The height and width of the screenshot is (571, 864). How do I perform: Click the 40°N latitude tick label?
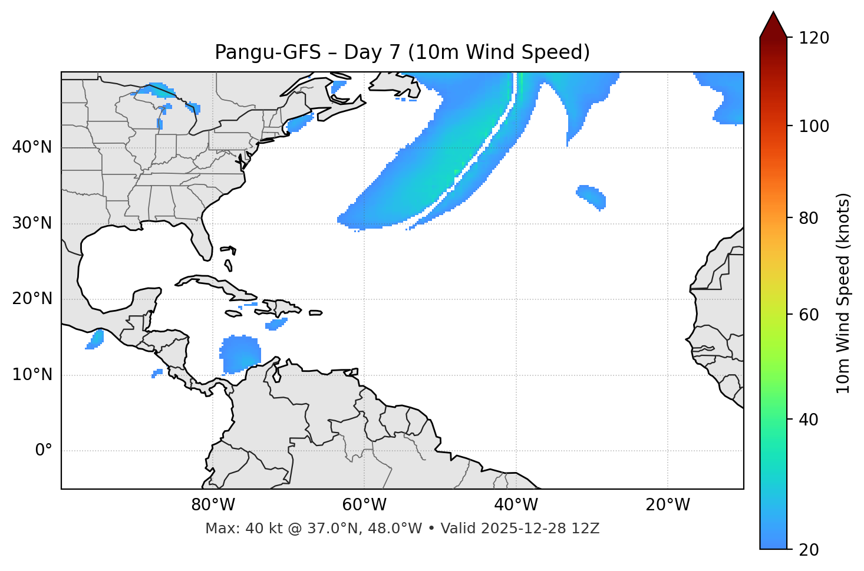click(x=32, y=147)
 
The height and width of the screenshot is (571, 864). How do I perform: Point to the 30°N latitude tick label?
click(x=32, y=223)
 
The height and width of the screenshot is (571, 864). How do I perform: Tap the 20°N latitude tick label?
click(x=32, y=299)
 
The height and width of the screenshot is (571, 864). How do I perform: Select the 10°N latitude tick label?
click(x=32, y=375)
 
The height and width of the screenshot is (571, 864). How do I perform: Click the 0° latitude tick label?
click(x=44, y=451)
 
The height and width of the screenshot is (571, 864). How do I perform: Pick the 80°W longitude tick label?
click(x=213, y=505)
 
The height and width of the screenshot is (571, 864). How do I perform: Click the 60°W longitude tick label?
click(x=364, y=505)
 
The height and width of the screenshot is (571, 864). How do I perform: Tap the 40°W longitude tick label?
click(x=516, y=505)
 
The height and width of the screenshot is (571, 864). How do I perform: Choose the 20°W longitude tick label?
click(x=668, y=505)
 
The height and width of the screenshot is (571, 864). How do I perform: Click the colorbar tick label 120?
click(x=814, y=38)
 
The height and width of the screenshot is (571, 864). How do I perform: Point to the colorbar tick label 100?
click(x=814, y=126)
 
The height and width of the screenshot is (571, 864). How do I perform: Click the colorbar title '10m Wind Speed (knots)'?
click(x=843, y=293)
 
